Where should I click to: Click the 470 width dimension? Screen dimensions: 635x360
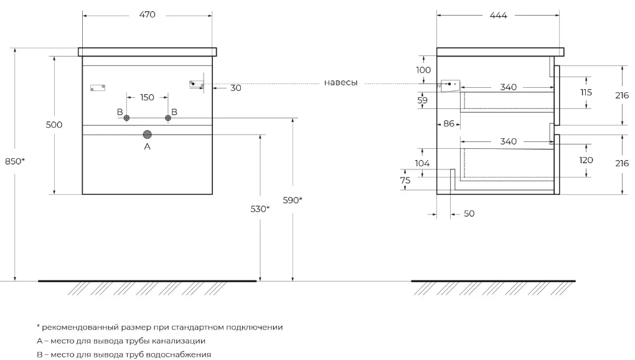point(147,14)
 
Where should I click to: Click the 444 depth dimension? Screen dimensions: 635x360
point(498,16)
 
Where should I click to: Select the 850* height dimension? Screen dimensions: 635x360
point(15,161)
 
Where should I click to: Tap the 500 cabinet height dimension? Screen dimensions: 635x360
point(54,125)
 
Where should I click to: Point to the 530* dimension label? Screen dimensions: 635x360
point(260,209)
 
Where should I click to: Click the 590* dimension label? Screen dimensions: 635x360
point(293,200)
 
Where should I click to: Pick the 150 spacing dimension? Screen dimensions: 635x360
point(147,97)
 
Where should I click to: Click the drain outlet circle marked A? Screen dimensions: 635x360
point(147,135)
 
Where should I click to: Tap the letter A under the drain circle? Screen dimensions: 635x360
point(147,146)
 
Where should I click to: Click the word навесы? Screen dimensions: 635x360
point(341,83)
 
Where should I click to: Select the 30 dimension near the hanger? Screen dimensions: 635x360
point(236,88)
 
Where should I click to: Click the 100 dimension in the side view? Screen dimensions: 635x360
point(423,70)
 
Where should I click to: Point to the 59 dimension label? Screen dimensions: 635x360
point(422,100)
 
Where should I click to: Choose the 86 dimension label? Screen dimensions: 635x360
point(449,123)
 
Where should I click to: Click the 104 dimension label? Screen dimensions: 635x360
point(422,163)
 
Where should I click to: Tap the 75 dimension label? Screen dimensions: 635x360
point(405,180)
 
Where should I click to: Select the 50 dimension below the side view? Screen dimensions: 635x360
point(469,214)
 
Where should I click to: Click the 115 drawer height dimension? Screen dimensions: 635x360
point(586,92)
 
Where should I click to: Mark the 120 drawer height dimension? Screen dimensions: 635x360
point(586,160)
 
